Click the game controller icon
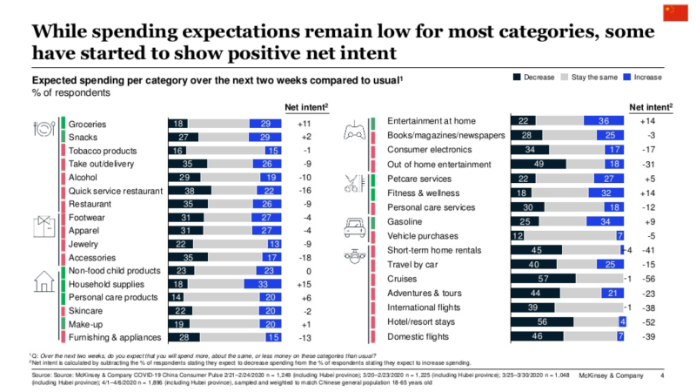pyautogui.click(x=355, y=133)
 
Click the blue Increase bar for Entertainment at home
pyautogui.click(x=599, y=120)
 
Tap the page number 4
pyautogui.click(x=663, y=375)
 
